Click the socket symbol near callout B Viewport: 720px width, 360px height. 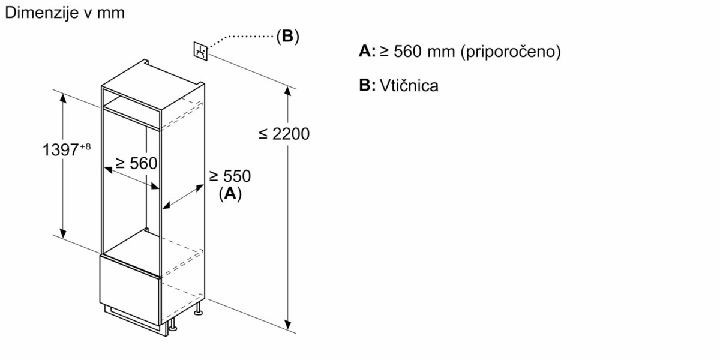coord(200,51)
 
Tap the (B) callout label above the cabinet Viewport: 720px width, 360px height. coord(287,37)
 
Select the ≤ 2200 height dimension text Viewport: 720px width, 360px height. coord(284,134)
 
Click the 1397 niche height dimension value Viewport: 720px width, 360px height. coord(60,149)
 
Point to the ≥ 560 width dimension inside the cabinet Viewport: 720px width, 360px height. coord(136,163)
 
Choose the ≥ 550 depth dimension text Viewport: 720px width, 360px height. coord(230,176)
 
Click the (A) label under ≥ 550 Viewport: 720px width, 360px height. coord(230,193)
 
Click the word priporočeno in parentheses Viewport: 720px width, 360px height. coord(510,52)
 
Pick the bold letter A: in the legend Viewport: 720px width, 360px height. coord(367,52)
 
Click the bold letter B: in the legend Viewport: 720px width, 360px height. coord(367,86)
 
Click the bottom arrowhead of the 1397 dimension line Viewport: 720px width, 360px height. coord(62,233)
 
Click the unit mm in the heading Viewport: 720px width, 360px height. coord(112,13)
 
